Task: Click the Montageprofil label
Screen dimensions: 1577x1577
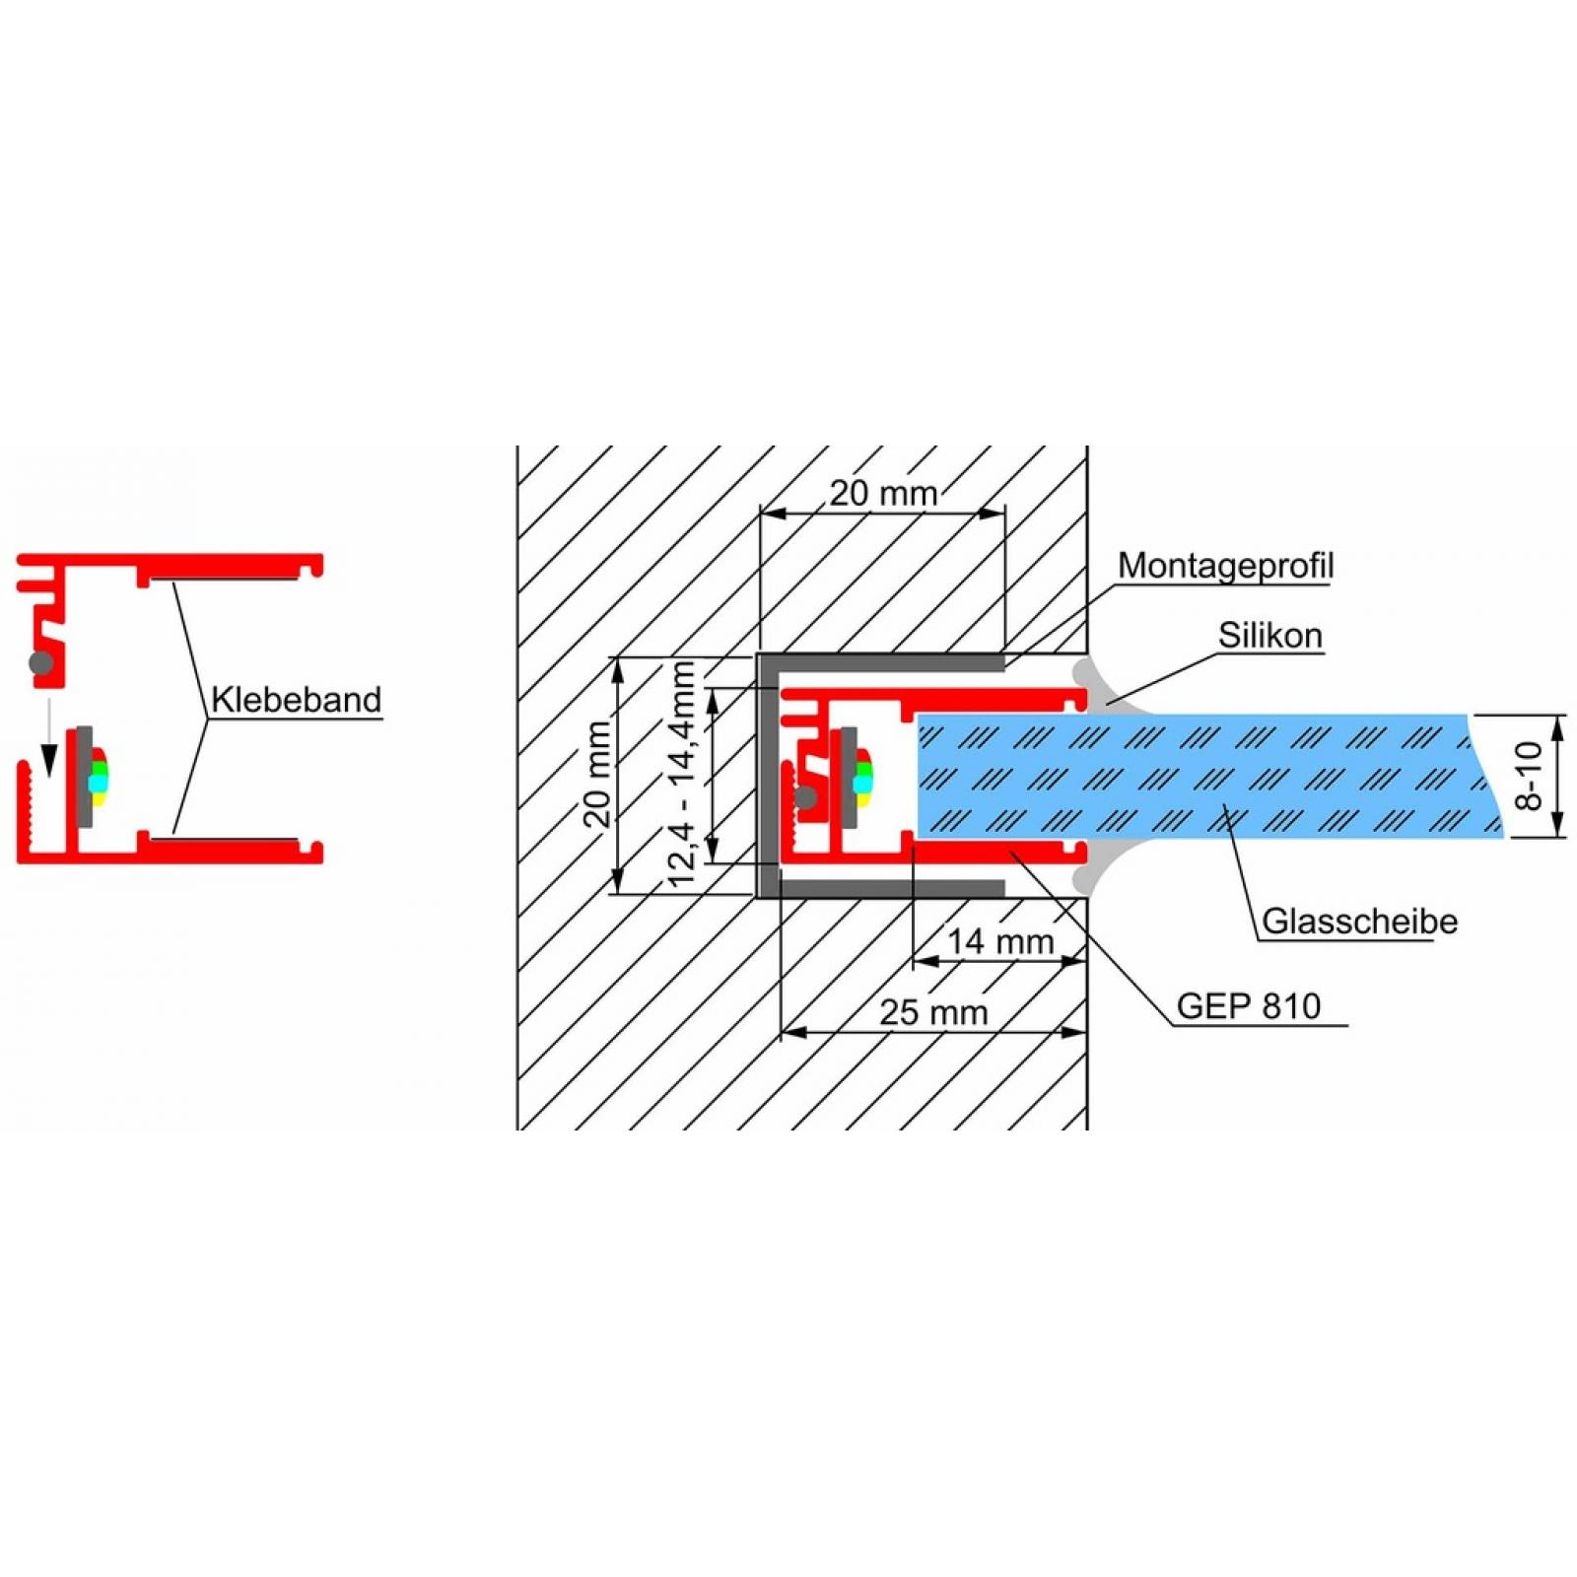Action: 1225,567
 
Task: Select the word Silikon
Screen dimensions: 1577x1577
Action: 1269,636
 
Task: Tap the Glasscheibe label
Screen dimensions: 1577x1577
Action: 1359,922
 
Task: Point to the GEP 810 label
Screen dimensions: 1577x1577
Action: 1249,1006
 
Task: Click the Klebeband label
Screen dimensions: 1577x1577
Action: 296,700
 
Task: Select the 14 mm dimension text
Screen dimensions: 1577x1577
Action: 1000,941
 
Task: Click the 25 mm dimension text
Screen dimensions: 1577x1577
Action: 933,1012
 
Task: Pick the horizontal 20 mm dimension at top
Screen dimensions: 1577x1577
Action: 883,493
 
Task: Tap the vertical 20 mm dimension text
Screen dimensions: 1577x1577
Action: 597,775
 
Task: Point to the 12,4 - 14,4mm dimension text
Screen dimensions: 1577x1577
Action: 682,775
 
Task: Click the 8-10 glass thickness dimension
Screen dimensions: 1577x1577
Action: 1529,776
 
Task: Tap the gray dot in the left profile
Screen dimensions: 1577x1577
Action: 41,661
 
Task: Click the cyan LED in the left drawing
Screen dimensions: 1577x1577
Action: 97,783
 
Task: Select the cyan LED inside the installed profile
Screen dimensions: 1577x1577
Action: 862,783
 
